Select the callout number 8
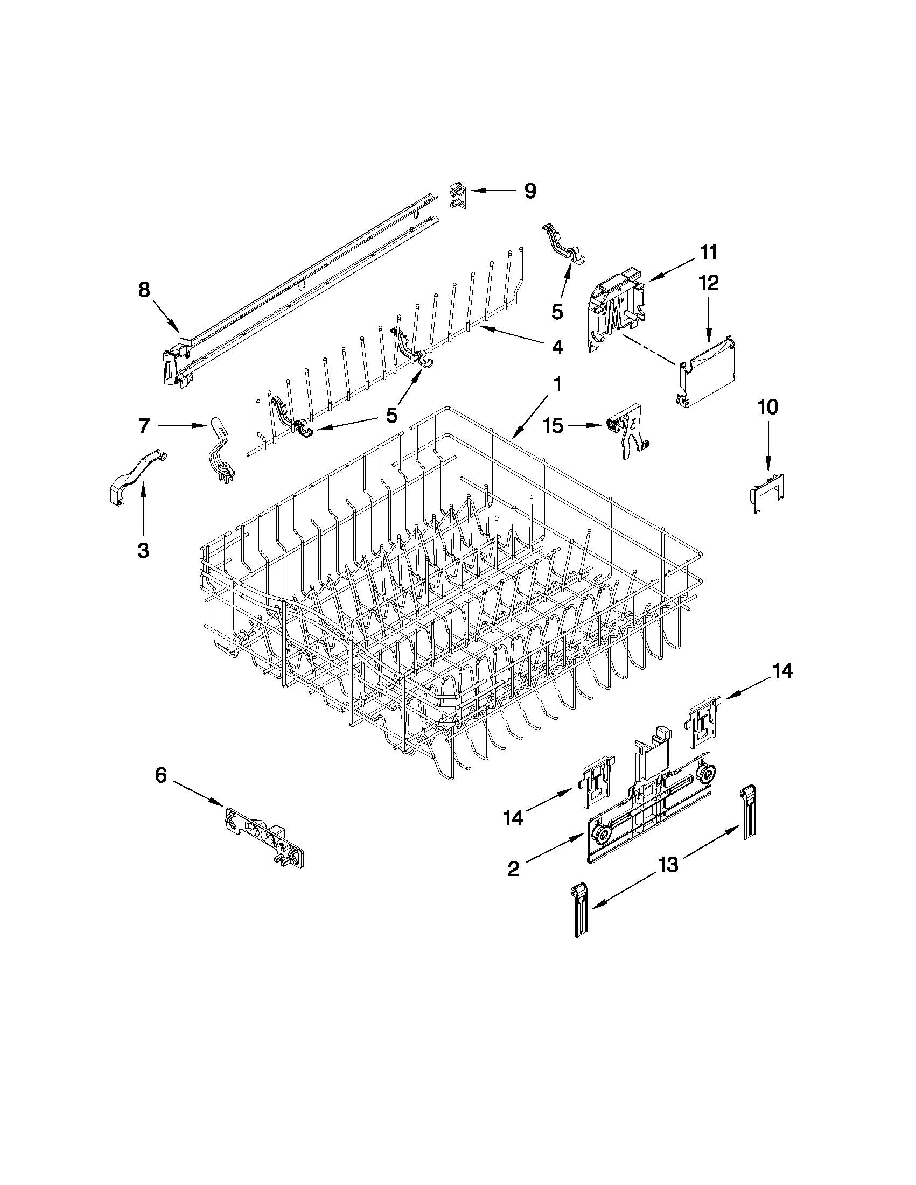coord(144,290)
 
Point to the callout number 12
coord(708,283)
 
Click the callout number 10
coord(767,407)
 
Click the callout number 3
coord(143,551)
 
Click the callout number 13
coord(668,865)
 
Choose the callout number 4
coord(557,348)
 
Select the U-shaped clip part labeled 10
coord(767,491)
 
